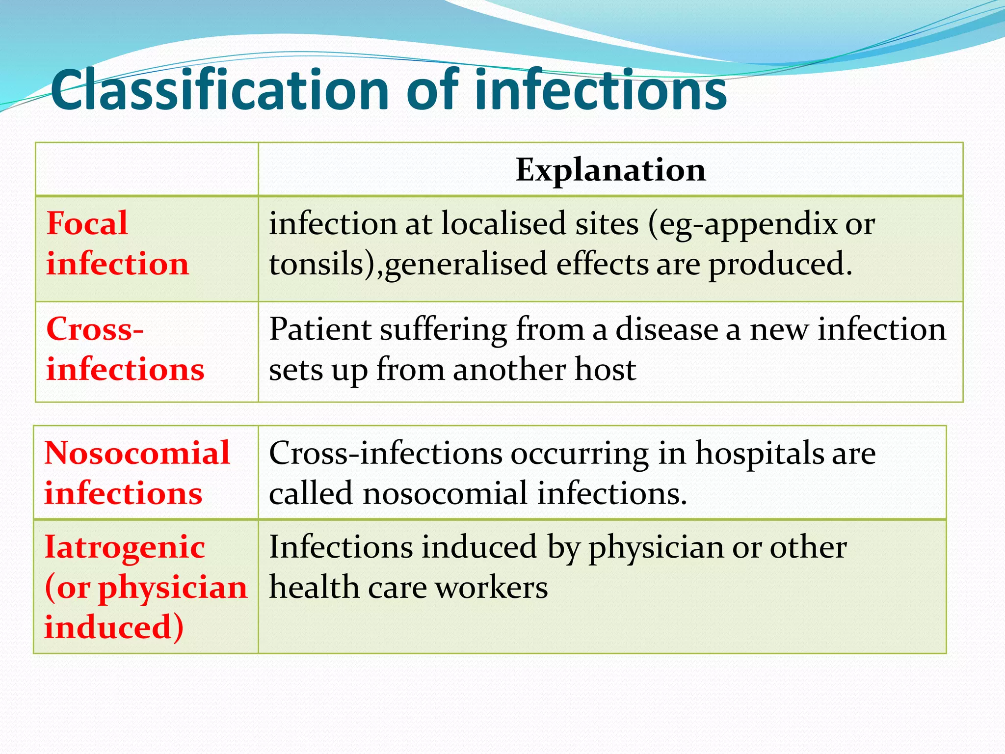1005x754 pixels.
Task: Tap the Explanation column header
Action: click(610, 170)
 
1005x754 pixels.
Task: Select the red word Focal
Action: click(87, 223)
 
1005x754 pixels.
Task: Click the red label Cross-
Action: click(95, 328)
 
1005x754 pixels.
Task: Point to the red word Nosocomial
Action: click(137, 453)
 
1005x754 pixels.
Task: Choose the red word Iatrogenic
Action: click(125, 547)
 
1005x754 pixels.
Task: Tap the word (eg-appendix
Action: click(742, 224)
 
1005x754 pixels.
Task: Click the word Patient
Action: click(319, 329)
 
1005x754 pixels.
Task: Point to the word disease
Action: click(667, 329)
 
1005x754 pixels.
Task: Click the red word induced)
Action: click(114, 627)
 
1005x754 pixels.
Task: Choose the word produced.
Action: click(780, 265)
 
